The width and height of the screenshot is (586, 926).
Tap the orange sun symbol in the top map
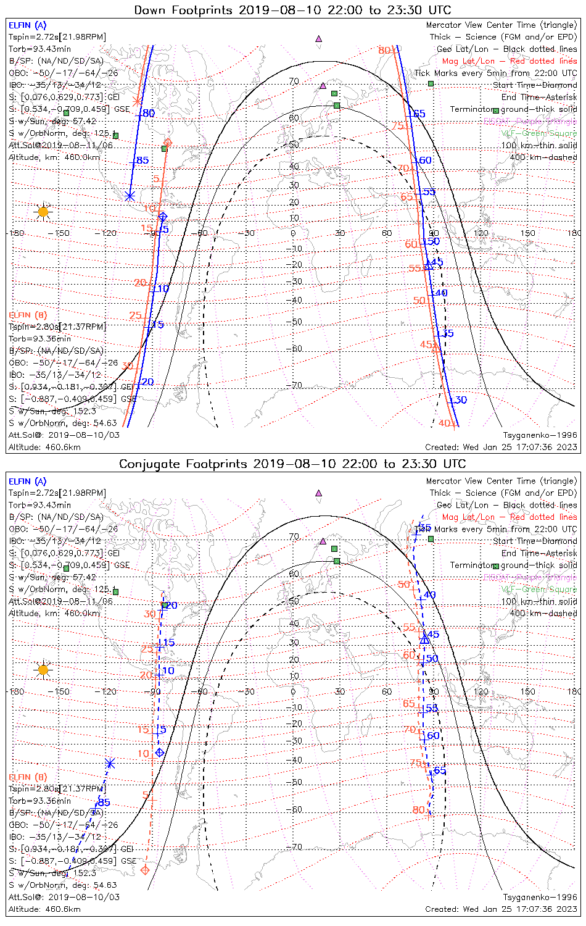43,212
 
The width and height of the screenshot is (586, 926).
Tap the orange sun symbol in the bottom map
43,669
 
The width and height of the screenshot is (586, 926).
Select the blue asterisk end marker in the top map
130,196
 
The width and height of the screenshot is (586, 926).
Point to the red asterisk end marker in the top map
137,100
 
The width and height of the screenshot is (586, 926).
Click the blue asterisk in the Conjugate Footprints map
110,764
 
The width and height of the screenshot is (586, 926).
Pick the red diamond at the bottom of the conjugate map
145,870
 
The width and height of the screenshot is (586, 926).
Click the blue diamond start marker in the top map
162,217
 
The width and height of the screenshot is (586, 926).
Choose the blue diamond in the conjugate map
160,753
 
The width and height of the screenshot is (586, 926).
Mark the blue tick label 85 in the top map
142,161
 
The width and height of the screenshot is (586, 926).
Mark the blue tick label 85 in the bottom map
104,802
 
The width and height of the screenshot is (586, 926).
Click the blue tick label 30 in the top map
461,400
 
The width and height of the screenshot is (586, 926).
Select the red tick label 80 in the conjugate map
418,810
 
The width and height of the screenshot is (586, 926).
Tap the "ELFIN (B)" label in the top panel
27,315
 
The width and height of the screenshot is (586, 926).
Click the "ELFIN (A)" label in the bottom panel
27,481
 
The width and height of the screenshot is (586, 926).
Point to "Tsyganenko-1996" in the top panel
540,435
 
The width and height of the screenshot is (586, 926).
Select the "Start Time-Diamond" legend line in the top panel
535,85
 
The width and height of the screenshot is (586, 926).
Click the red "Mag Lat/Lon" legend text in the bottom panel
468,517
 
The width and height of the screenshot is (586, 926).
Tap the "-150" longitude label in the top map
62,233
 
